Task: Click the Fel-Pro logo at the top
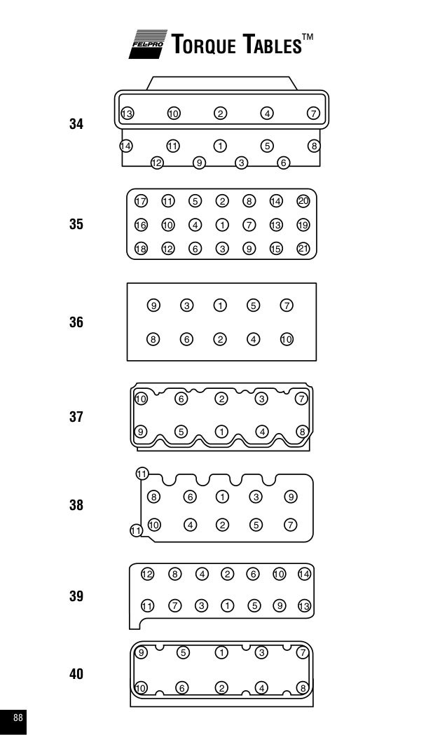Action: (148, 44)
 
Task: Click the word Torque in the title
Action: (203, 44)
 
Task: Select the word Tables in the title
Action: (272, 44)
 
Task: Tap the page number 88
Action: (18, 717)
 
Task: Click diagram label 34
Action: (76, 124)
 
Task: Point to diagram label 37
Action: (76, 417)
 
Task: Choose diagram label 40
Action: (76, 674)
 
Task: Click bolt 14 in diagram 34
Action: (125, 146)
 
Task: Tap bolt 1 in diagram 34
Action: (220, 146)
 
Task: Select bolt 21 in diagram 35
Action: (303, 248)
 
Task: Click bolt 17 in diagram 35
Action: (141, 201)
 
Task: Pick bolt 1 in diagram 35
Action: (222, 225)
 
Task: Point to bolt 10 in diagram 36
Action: (287, 339)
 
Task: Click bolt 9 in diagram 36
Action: (153, 305)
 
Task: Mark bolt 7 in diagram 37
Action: (301, 399)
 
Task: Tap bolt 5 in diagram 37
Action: (181, 431)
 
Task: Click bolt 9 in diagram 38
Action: (291, 496)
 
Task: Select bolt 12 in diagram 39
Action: (147, 574)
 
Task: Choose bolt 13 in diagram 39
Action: (305, 606)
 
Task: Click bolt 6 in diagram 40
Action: (181, 687)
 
